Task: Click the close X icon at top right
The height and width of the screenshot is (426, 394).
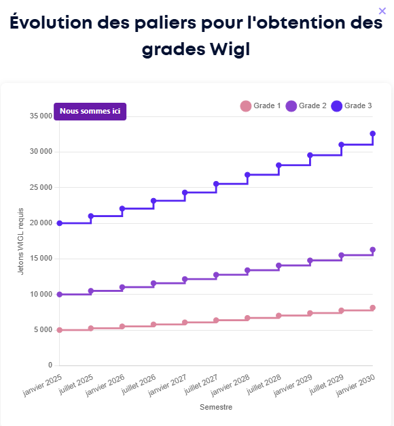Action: click(x=382, y=10)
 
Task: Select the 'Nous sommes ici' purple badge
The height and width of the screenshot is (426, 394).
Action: click(x=90, y=111)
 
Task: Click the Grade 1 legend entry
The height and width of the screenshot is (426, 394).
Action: click(x=260, y=105)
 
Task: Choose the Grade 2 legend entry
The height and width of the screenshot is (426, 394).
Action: click(x=306, y=105)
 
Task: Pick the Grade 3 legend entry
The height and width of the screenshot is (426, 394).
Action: click(x=351, y=105)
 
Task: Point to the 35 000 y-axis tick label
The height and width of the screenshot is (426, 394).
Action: click(x=41, y=116)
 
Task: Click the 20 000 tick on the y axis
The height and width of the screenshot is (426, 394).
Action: click(x=41, y=223)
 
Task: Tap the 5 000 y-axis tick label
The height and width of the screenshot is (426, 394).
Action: click(x=43, y=330)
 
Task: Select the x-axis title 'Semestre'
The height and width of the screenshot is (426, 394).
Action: click(x=216, y=408)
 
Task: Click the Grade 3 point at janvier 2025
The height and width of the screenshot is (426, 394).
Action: click(x=60, y=223)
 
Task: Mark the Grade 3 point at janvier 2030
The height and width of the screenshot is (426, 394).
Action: click(x=373, y=134)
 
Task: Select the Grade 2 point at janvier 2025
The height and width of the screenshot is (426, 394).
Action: click(x=60, y=295)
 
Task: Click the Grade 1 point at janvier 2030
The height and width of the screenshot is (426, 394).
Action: click(x=373, y=308)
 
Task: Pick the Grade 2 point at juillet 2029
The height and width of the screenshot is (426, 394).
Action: click(x=342, y=255)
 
